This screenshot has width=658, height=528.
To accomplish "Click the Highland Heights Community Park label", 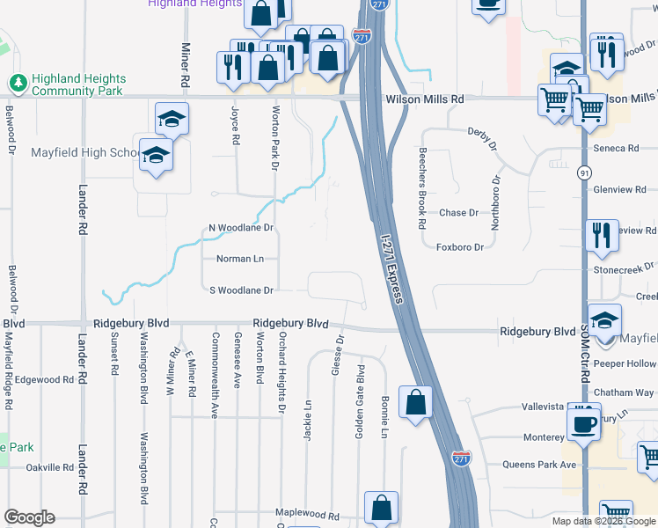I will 78,84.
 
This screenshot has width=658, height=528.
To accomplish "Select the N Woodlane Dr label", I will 241,228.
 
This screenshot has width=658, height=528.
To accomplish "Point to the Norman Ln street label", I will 240,259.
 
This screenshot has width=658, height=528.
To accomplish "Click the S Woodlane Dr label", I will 242,290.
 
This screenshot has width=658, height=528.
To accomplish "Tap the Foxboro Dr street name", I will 461,247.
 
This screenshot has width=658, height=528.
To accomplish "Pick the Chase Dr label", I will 458,213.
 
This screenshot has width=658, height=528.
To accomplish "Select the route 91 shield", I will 584,174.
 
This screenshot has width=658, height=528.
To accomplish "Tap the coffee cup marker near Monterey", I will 582,423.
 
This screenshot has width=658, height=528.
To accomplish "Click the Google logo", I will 29,517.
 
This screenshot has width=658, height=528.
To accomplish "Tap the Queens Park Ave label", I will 539,464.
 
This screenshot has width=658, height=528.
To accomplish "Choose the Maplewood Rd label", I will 307,514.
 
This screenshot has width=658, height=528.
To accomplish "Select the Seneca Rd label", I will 615,148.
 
